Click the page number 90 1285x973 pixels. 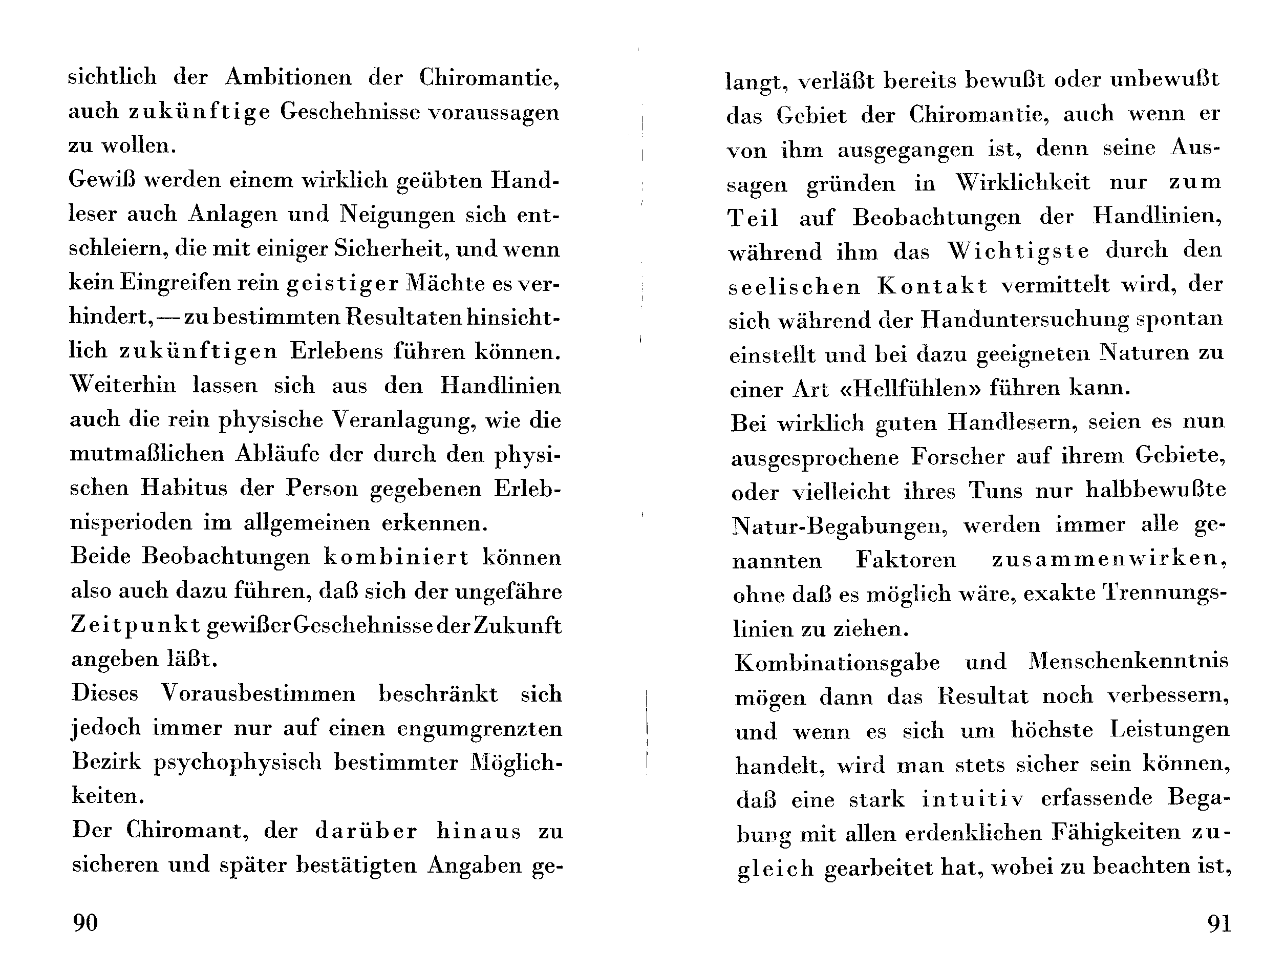point(85,922)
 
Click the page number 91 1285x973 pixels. point(1219,922)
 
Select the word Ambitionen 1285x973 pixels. point(288,77)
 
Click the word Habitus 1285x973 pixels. point(184,488)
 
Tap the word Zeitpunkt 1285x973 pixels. point(135,625)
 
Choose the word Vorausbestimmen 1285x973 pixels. point(258,694)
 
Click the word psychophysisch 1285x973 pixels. point(238,763)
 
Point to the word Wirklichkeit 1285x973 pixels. point(1023,182)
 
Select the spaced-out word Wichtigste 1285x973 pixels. point(1019,251)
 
